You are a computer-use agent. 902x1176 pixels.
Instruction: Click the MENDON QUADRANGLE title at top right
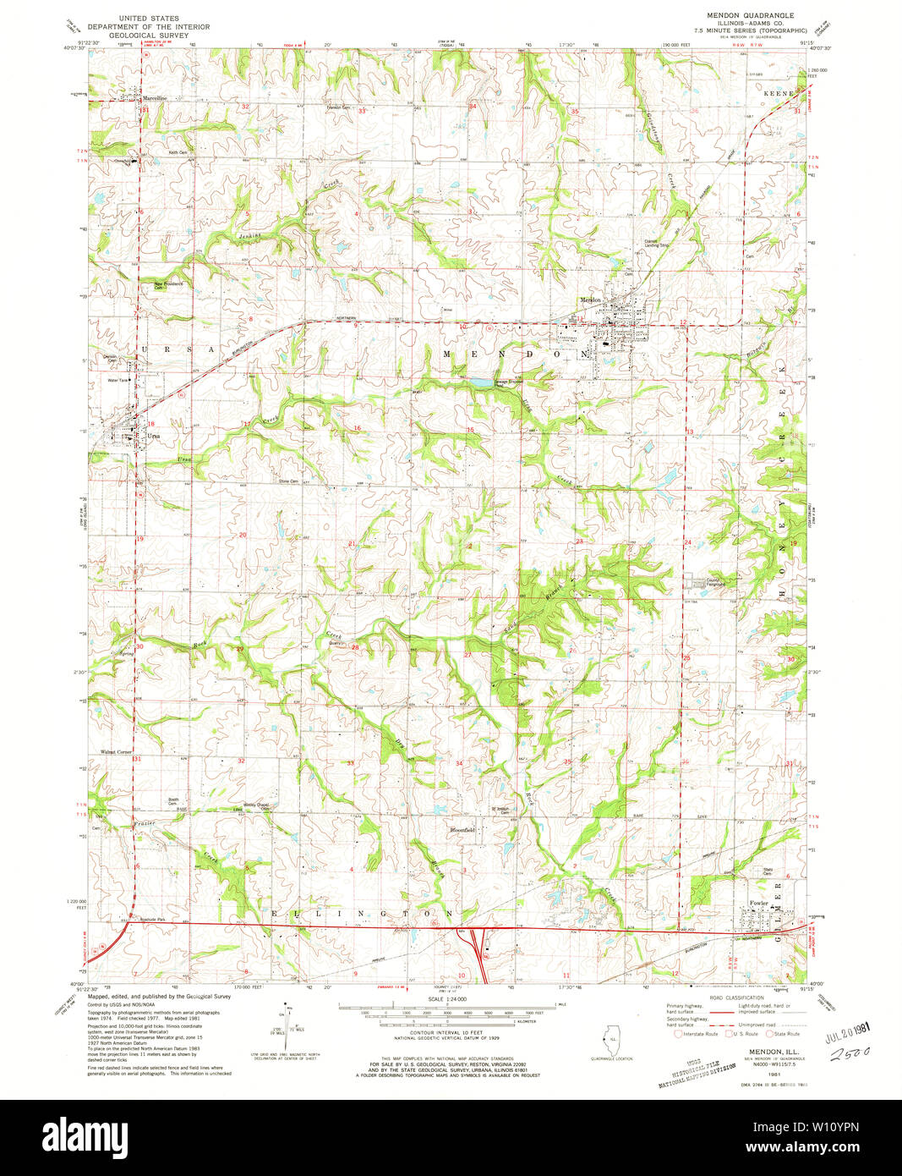[x=735, y=15]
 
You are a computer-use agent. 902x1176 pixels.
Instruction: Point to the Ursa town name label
[x=153, y=437]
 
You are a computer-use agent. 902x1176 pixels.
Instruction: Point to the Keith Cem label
[x=177, y=152]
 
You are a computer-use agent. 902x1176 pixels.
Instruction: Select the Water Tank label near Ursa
[x=118, y=380]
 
